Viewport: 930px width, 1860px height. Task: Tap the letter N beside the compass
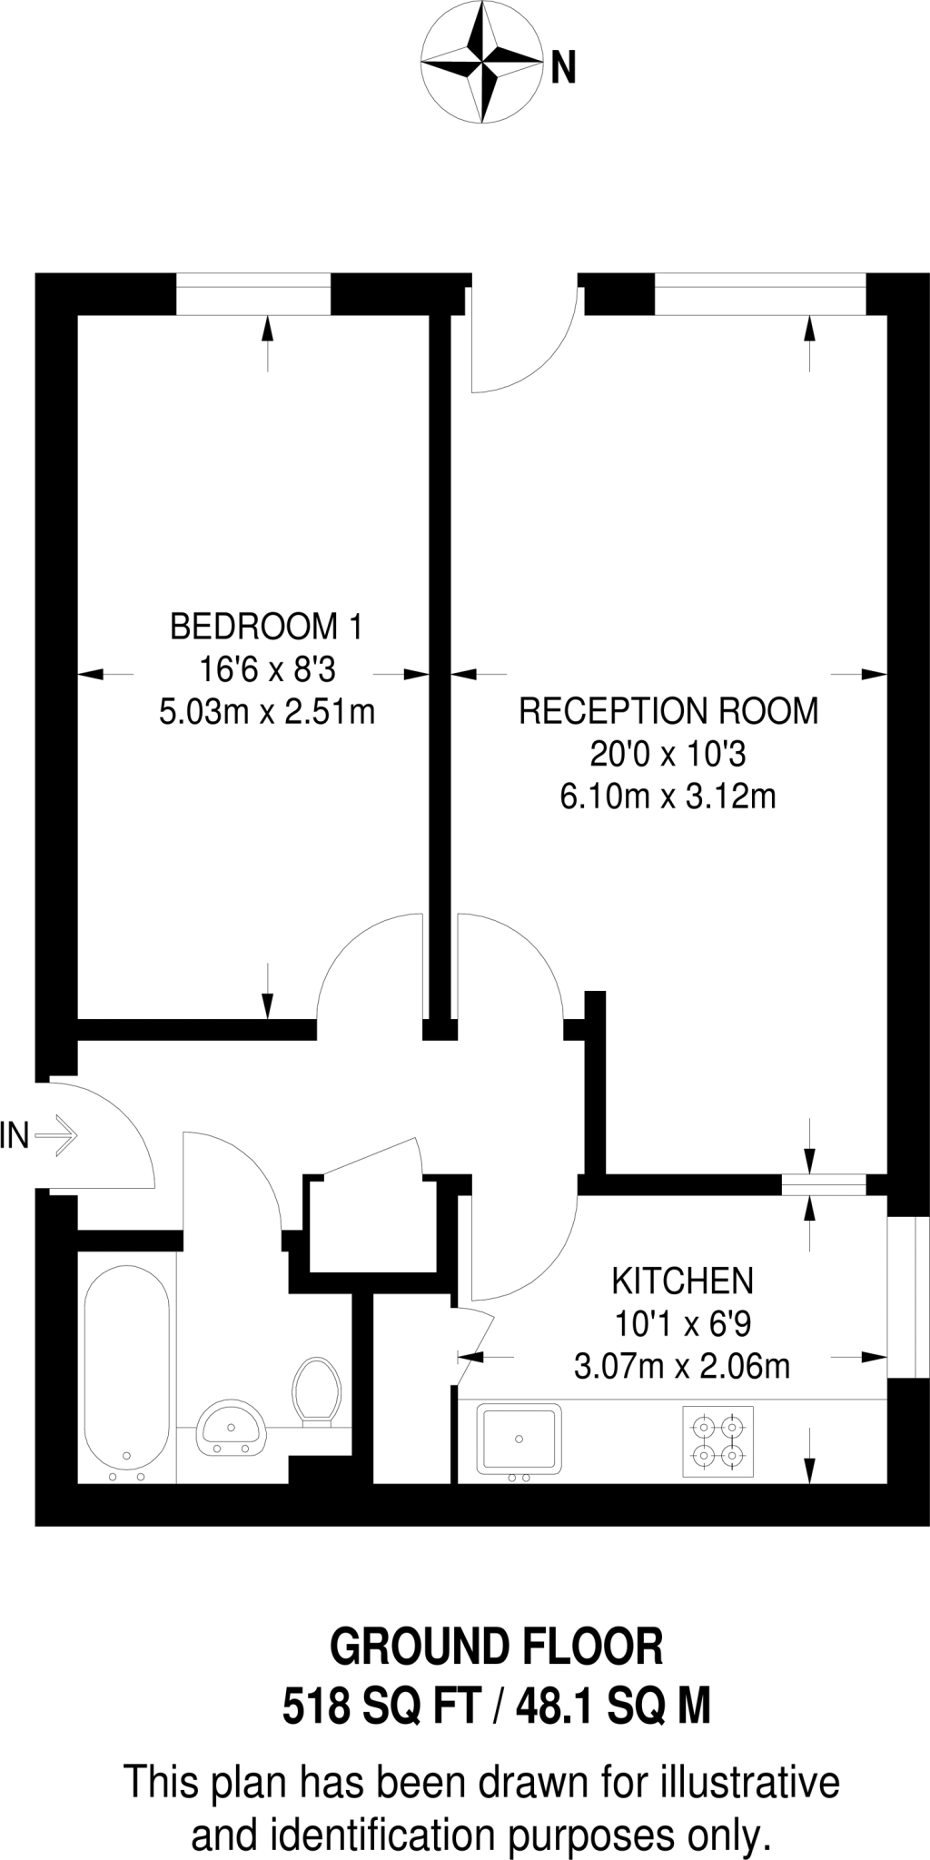point(563,68)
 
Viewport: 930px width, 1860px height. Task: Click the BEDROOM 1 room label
point(266,627)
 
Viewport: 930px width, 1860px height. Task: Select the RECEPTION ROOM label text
point(668,711)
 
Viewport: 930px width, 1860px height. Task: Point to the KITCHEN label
point(682,1281)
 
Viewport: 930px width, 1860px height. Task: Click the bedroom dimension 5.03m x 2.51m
point(266,712)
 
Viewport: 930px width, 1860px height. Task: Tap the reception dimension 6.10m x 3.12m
point(668,797)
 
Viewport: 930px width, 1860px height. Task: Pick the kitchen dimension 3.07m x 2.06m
point(682,1366)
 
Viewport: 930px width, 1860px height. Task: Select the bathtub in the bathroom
point(126,1370)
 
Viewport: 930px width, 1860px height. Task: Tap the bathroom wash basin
point(232,1428)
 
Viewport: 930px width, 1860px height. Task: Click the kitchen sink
point(519,1439)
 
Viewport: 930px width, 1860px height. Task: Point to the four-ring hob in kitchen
point(718,1441)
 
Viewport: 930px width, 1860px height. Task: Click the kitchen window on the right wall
point(907,1297)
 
